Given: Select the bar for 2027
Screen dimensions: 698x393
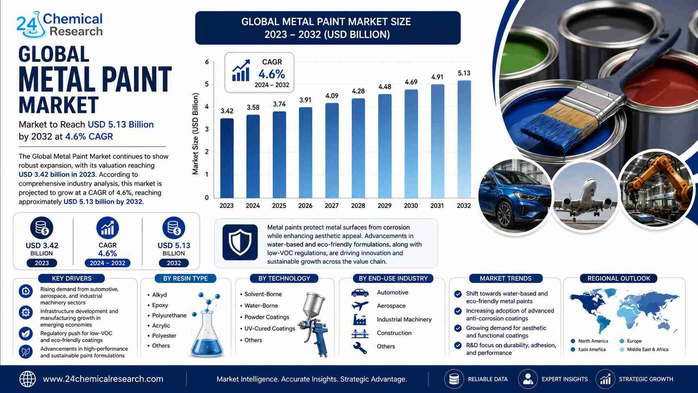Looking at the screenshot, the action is (332, 150).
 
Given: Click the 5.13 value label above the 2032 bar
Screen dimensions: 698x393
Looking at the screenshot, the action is (464, 73).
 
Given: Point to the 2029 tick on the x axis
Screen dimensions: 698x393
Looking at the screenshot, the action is (384, 206).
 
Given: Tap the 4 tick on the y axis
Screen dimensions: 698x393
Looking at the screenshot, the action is (207, 107).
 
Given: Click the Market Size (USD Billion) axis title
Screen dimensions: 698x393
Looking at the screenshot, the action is (195, 134).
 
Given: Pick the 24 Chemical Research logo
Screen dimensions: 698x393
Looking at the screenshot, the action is (60, 25).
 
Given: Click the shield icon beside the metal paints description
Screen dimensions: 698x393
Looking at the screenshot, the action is (240, 242).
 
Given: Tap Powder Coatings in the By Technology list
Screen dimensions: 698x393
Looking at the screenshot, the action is (267, 317).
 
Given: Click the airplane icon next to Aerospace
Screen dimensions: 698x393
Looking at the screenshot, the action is (360, 306).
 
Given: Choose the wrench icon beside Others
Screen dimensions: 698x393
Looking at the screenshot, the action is (360, 348).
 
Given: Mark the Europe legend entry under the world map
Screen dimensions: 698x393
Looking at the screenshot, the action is (631, 341).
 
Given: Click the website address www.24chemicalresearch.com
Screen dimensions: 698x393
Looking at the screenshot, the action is (103, 379).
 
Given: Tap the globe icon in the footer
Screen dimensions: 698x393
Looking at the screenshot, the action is (28, 379).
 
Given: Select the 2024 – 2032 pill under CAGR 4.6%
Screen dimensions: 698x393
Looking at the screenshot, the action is (108, 263).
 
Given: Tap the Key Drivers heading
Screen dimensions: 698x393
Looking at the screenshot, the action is (72, 278).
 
